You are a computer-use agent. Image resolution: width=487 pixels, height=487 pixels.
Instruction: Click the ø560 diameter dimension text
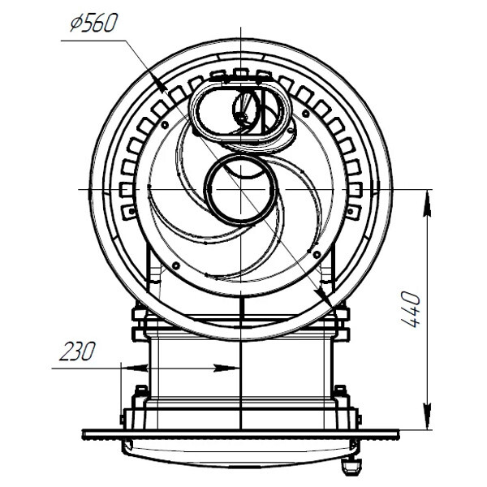94,24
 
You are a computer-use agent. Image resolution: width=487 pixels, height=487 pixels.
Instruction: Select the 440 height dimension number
411,309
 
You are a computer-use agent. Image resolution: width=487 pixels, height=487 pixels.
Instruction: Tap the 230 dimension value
77,351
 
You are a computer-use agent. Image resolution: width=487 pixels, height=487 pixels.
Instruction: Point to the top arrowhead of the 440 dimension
428,202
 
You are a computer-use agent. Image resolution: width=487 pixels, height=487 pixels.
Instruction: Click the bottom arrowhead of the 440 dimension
428,417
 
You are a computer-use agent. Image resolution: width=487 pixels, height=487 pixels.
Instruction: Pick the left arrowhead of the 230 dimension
134,368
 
